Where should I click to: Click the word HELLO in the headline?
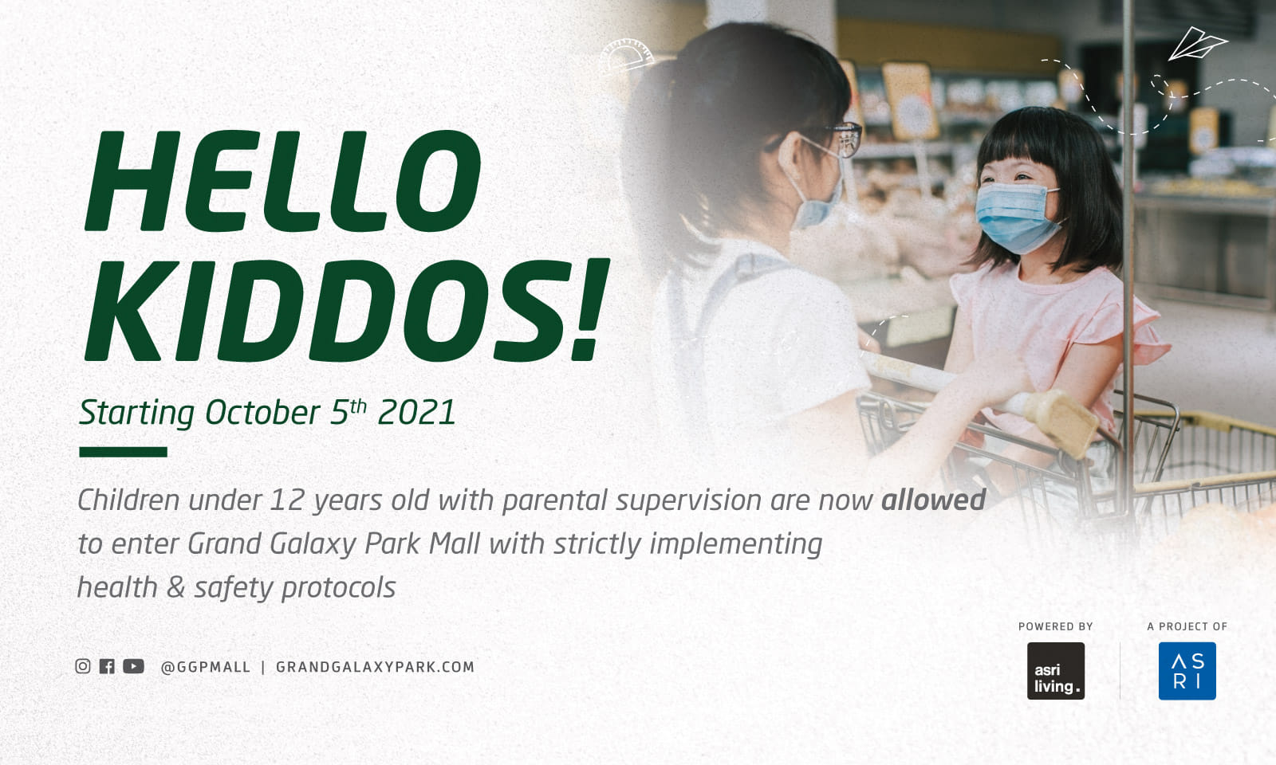pyautogui.click(x=283, y=181)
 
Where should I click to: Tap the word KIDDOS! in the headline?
pyautogui.click(x=347, y=311)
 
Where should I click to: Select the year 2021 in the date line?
pyautogui.click(x=416, y=413)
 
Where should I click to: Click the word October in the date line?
pyautogui.click(x=262, y=413)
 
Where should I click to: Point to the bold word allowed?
pyautogui.click(x=933, y=500)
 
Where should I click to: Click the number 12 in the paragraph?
pyautogui.click(x=287, y=500)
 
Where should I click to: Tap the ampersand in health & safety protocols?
pyautogui.click(x=175, y=588)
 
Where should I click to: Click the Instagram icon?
pyautogui.click(x=83, y=666)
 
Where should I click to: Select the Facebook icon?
pyautogui.click(x=107, y=666)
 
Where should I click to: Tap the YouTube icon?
pyautogui.click(x=133, y=666)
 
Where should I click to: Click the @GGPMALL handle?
pyautogui.click(x=206, y=667)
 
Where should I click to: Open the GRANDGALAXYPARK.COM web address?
pyautogui.click(x=375, y=667)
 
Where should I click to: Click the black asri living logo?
pyautogui.click(x=1055, y=671)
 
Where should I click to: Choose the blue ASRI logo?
pyautogui.click(x=1187, y=671)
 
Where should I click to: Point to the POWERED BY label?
pyautogui.click(x=1055, y=626)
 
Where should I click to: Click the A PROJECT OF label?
pyautogui.click(x=1187, y=626)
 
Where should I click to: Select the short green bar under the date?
pyautogui.click(x=123, y=452)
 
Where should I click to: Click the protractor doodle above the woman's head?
pyautogui.click(x=627, y=56)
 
